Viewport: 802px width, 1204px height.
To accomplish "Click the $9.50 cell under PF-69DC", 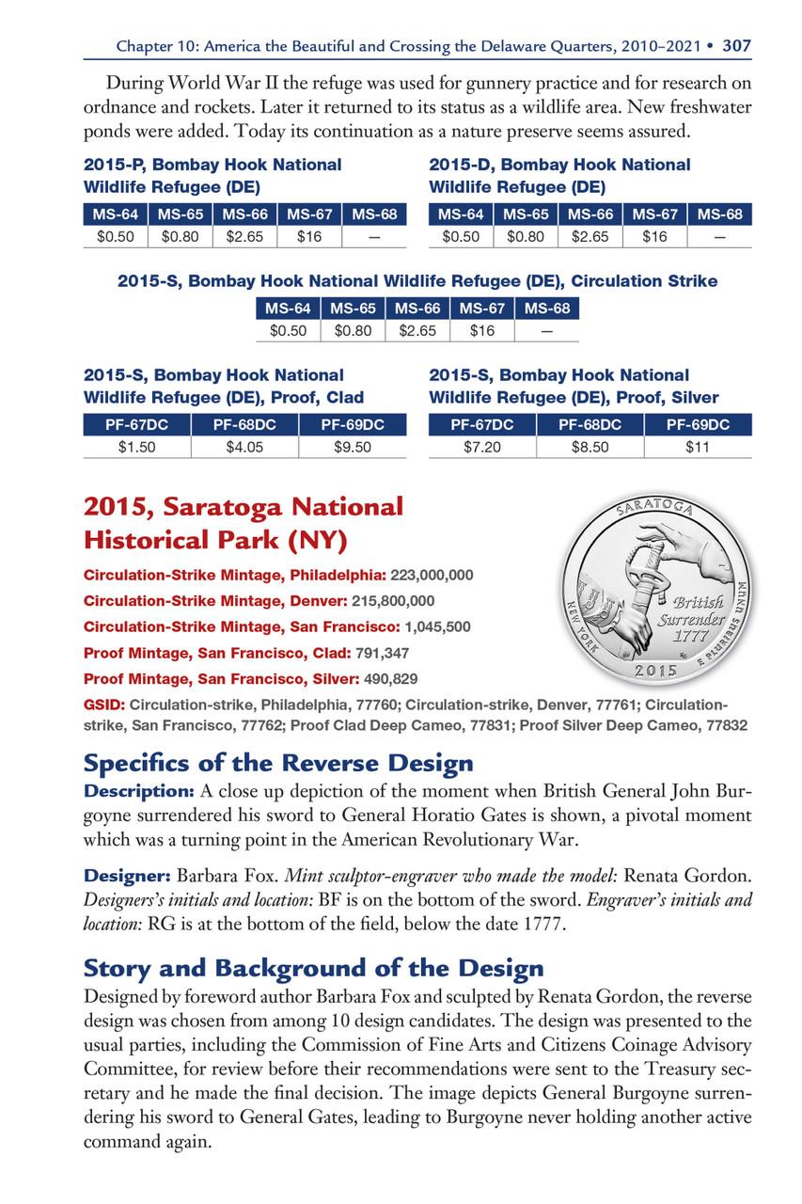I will (353, 447).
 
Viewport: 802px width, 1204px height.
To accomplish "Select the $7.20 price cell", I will (482, 447).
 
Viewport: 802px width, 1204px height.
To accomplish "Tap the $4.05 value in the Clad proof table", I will (244, 447).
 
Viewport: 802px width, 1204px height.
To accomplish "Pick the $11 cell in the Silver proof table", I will (698, 447).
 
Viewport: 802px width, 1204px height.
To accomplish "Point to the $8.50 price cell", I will (590, 447).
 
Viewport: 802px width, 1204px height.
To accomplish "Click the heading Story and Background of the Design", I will (314, 967).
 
